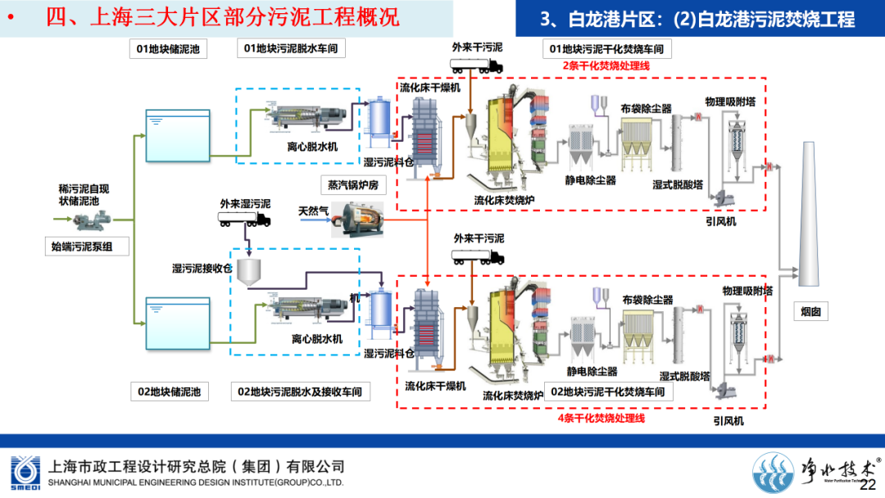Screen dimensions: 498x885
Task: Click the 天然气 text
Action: pos(313,211)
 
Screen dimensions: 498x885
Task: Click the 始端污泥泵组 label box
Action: pos(87,245)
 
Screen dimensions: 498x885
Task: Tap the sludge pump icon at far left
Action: pos(85,220)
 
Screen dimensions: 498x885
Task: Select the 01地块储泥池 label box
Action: pos(168,49)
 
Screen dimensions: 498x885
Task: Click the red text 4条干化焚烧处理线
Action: pos(601,418)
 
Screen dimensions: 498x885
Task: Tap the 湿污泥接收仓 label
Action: pos(201,268)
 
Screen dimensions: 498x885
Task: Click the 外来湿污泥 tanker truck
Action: pos(243,219)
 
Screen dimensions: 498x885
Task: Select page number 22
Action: pos(867,486)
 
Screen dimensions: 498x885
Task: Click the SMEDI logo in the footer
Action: pos(24,473)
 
